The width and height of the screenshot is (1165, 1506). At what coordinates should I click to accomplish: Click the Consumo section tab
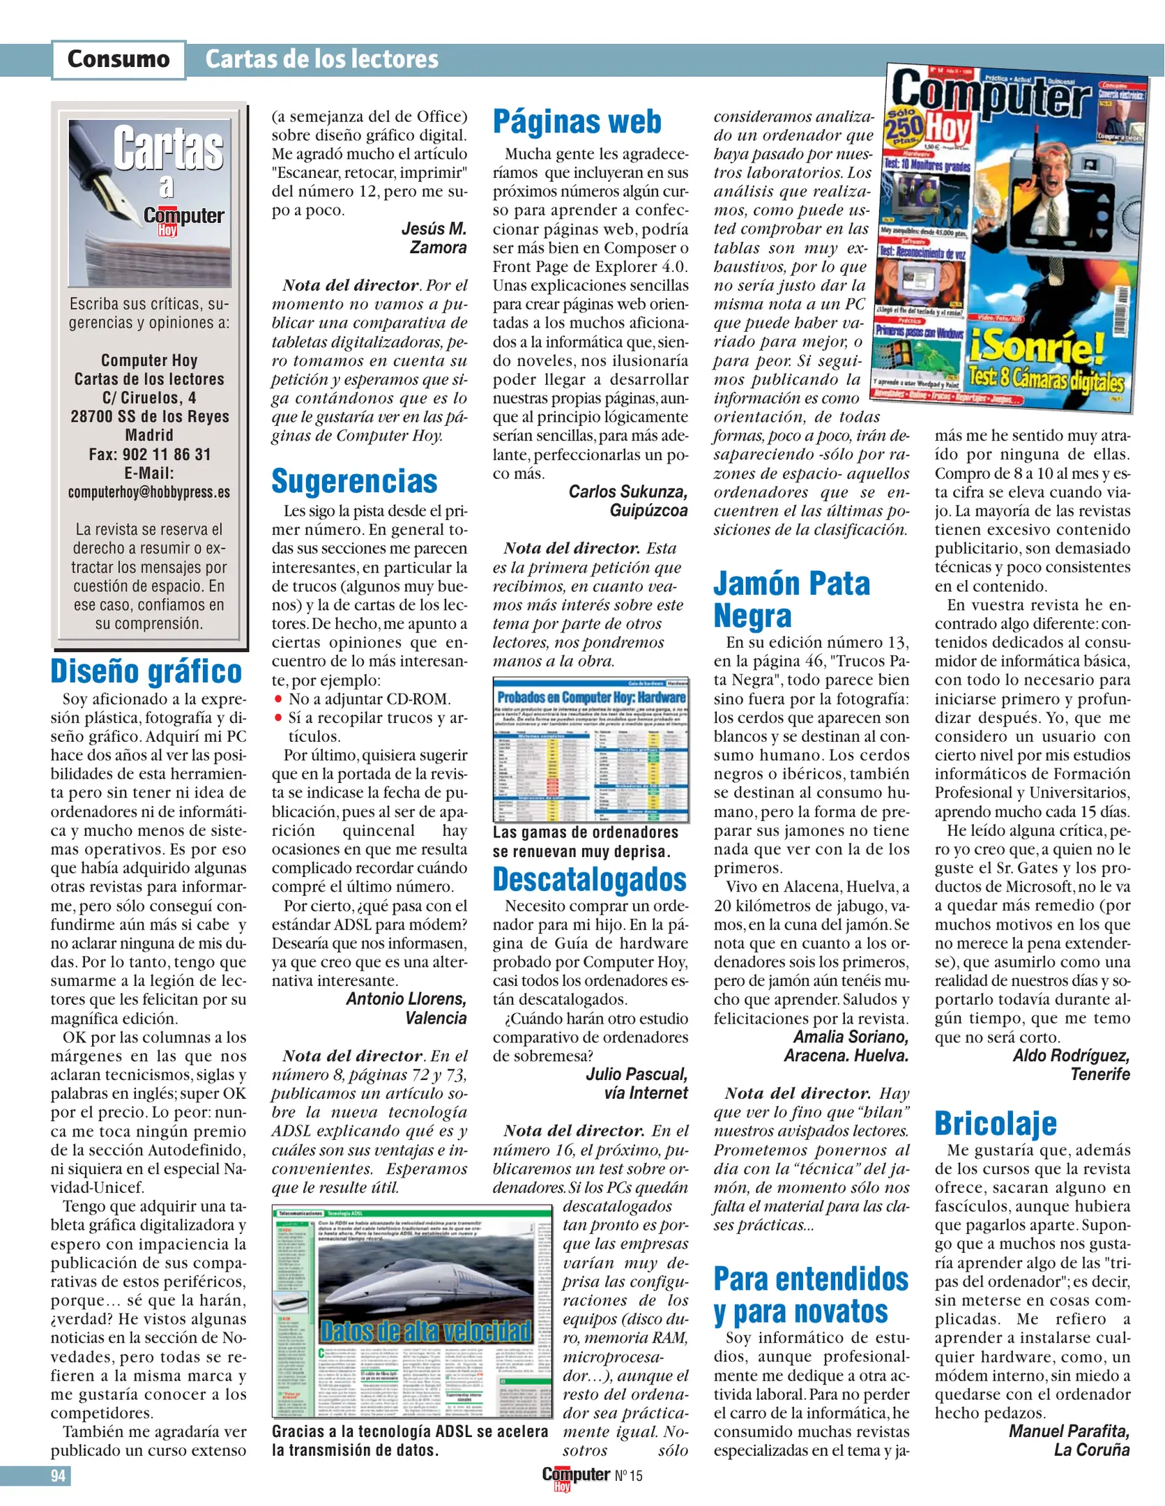pos(119,59)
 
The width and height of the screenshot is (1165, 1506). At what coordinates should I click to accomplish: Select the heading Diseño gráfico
pos(146,671)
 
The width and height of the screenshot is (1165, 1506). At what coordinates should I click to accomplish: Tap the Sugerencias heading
pos(354,482)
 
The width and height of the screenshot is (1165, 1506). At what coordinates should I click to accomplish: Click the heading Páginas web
pos(577,122)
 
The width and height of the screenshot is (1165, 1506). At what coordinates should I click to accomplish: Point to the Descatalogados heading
pos(589,880)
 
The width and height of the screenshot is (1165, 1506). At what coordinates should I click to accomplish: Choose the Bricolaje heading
pos(995,1124)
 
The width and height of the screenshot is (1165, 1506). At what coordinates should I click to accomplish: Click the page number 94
pos(58,1476)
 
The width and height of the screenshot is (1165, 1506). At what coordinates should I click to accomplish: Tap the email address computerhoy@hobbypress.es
pos(149,492)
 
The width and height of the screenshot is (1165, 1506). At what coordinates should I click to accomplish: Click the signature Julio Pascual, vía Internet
pos(636,1083)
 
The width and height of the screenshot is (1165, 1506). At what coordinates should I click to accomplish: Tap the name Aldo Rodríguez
pos(1070,1056)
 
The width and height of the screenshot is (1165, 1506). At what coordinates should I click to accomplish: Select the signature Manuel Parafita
pos(1068,1431)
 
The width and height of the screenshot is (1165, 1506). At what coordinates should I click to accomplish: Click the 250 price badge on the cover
pos(904,128)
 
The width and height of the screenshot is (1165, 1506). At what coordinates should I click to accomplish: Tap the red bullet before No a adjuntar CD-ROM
pos(278,699)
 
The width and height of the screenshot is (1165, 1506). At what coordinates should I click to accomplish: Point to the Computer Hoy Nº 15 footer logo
pos(592,1477)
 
